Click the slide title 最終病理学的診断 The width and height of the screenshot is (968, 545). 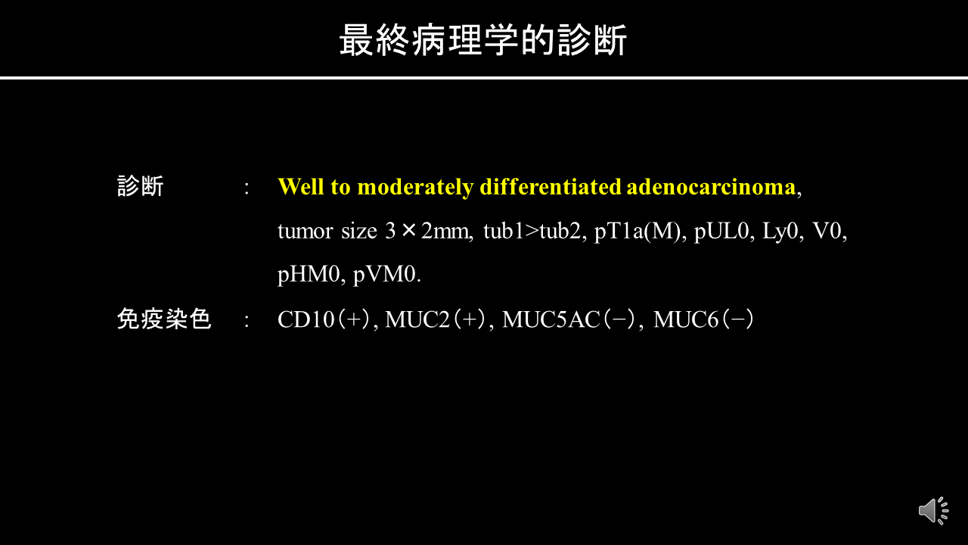pos(483,40)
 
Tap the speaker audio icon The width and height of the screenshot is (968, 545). pos(933,511)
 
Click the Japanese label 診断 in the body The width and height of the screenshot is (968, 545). pos(141,186)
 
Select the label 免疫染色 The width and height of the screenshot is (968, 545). pos(164,319)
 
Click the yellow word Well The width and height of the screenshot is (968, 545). pos(301,187)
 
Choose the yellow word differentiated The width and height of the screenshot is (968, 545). pos(551,187)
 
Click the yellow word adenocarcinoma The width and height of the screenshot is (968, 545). pos(712,187)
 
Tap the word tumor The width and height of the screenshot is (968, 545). pos(305,231)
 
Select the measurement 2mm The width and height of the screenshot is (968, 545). pos(445,231)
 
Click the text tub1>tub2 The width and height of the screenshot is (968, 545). pos(532,231)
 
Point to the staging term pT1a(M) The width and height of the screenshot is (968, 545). pos(638,232)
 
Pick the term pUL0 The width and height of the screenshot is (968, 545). pos(721,232)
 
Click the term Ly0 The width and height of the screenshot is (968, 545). pos(780,232)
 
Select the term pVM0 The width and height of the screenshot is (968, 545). pos(385,275)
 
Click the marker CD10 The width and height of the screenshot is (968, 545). pos(306,319)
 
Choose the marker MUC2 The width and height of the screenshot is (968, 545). pos(417,319)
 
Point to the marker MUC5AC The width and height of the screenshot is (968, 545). pos(551,319)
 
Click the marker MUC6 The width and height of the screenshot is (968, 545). pos(686,319)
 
